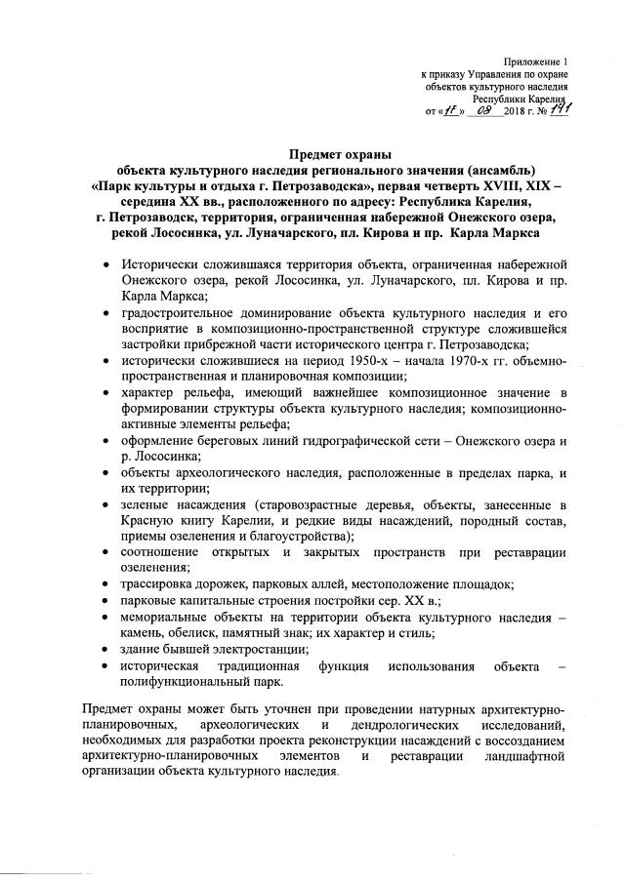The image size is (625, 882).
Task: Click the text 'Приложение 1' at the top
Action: (535, 60)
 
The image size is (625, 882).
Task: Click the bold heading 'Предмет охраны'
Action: (341, 155)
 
